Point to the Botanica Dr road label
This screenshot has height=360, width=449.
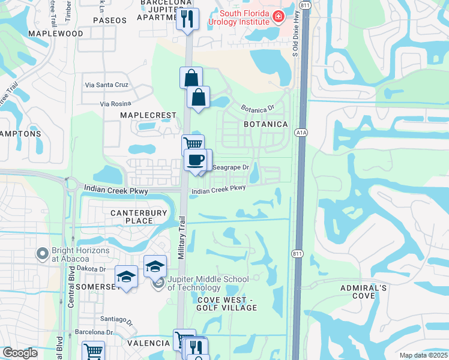coord(257,109)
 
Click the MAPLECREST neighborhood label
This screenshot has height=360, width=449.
coord(148,115)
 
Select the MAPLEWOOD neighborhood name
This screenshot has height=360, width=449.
coord(59,34)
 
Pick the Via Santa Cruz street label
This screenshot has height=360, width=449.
coord(107,85)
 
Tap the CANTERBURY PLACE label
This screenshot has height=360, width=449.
coord(131,217)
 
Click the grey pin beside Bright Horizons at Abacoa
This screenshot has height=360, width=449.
coord(42,254)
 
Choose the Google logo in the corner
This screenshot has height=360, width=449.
coord(20,353)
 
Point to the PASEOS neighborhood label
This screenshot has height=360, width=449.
coord(110,20)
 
